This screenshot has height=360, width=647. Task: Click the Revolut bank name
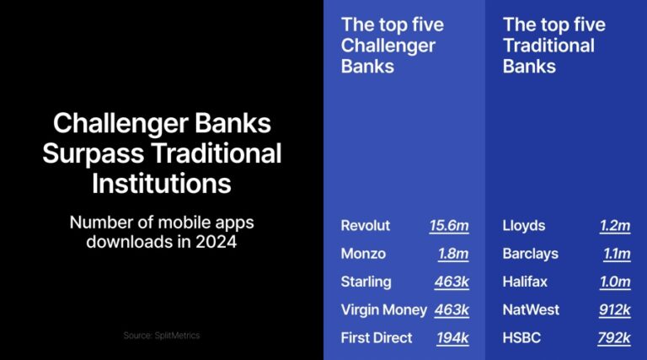coord(364,226)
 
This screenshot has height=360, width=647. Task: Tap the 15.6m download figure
coord(448,226)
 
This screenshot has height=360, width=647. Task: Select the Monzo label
coord(362,254)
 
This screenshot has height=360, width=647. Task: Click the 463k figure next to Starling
coord(452,282)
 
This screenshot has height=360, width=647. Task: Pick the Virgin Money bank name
coord(383,309)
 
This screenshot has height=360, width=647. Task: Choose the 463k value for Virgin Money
coord(452,309)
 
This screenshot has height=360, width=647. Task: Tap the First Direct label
coord(377,337)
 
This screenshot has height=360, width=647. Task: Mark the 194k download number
coord(452,337)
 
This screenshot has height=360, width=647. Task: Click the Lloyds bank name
coord(523,226)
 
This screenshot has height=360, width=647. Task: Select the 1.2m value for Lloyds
coord(614,226)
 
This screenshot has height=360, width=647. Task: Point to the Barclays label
coord(530,254)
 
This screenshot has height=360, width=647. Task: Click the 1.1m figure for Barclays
coord(616,254)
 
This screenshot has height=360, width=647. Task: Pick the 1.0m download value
coord(614,282)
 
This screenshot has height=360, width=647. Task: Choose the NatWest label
coord(531,309)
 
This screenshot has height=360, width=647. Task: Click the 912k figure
coord(614,309)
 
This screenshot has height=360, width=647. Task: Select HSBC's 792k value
coord(613,337)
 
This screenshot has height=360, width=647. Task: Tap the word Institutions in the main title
coord(162,183)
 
